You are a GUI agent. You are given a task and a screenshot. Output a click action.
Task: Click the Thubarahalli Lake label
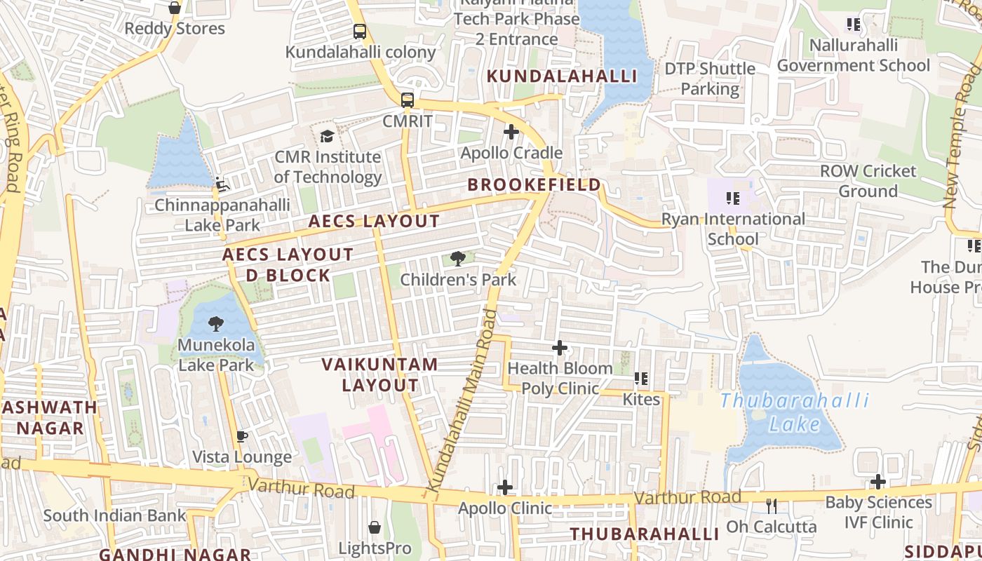pos(794,412)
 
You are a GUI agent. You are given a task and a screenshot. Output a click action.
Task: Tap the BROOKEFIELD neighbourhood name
pos(534,185)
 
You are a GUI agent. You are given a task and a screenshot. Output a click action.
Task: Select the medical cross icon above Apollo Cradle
pos(511,132)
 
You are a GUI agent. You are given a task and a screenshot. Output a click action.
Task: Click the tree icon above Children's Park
pos(458,259)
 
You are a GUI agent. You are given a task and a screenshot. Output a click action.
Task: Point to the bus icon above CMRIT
pos(408,100)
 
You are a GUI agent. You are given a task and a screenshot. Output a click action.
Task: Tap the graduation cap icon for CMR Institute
pos(327,136)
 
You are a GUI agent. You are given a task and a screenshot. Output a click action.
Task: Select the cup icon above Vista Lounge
pos(242,437)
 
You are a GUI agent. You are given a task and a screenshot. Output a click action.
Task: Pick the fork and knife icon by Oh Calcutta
pos(772,506)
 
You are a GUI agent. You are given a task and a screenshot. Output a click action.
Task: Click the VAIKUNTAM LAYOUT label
pos(379,374)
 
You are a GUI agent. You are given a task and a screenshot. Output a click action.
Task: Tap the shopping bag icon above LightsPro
pos(375,527)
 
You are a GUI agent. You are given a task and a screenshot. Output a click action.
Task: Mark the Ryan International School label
pos(733,229)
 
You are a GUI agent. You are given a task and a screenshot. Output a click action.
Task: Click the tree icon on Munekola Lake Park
pos(216,324)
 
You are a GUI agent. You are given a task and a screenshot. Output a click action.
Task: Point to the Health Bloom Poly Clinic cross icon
pos(560,348)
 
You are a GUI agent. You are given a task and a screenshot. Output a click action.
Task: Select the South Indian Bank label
pos(115,515)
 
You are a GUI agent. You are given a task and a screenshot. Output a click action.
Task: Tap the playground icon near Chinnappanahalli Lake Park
pos(222,184)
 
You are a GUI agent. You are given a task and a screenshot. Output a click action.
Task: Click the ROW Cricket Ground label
pos(868,181)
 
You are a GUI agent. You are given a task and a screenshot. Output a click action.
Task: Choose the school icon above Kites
pos(641,379)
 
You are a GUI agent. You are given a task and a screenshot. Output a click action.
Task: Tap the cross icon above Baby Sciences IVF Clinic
pos(878,482)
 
